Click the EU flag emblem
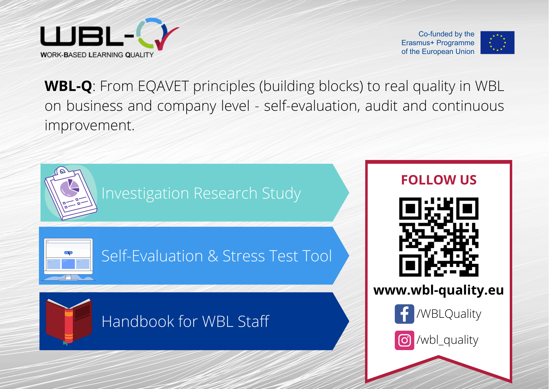coord(497,42)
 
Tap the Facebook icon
coord(404,314)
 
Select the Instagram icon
coord(404,340)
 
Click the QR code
coord(439,237)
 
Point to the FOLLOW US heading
coord(439,180)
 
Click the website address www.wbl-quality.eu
coord(439,290)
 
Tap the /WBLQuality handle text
coord(449,314)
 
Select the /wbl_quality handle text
coord(448,340)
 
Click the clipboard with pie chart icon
coord(71,193)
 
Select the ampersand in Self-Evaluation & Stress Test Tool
coord(213,256)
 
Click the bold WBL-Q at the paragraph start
coord(68,86)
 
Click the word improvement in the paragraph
coord(90,125)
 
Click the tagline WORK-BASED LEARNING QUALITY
coord(97,55)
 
